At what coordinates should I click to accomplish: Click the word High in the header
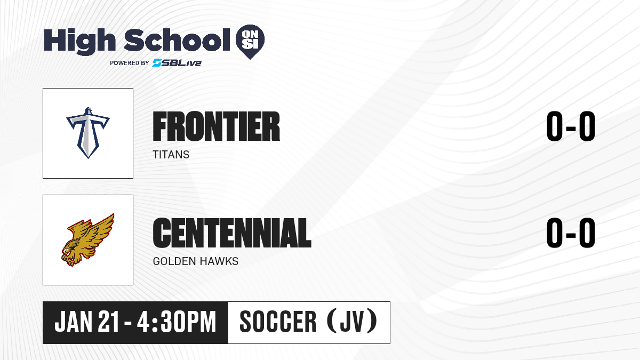(79, 41)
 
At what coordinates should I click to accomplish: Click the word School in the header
(177, 40)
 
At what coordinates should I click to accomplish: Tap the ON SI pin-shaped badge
(250, 42)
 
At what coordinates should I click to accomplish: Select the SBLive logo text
(177, 63)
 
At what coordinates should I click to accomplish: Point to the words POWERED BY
(130, 63)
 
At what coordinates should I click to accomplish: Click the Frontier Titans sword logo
(88, 133)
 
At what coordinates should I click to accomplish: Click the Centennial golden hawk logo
(88, 240)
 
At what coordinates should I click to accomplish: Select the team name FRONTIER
(217, 126)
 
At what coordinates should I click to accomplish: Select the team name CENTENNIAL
(232, 233)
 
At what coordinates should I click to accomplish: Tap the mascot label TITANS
(171, 155)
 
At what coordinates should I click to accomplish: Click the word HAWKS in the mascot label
(219, 261)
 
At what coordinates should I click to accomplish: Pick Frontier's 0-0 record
(571, 126)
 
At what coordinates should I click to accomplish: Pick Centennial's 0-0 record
(571, 233)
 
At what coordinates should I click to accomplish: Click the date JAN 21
(86, 322)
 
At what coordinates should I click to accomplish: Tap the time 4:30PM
(177, 322)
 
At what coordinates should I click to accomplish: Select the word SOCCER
(278, 322)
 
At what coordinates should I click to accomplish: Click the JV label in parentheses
(352, 322)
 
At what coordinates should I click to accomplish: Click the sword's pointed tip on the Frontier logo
(88, 158)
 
